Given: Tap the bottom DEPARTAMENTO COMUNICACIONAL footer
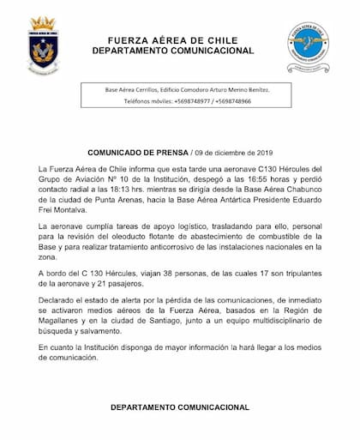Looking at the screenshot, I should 180,403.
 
